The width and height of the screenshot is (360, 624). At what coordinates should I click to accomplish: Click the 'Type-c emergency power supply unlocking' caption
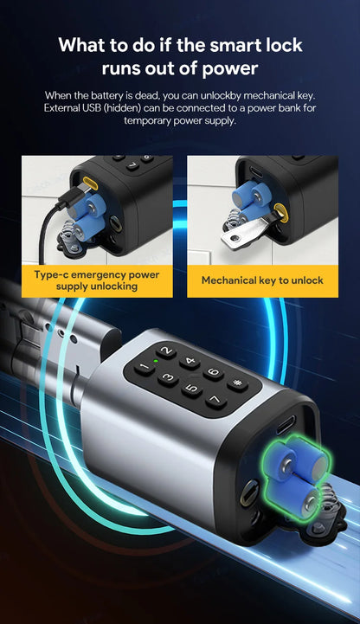97,280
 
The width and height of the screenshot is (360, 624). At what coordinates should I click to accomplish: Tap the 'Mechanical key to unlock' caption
262,280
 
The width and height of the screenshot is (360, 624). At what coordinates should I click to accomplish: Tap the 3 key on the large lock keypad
169,378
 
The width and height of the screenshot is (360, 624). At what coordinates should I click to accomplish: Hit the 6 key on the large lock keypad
213,374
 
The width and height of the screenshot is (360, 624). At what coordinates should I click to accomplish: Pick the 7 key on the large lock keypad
215,401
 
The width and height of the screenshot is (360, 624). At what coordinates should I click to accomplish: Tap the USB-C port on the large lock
288,425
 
